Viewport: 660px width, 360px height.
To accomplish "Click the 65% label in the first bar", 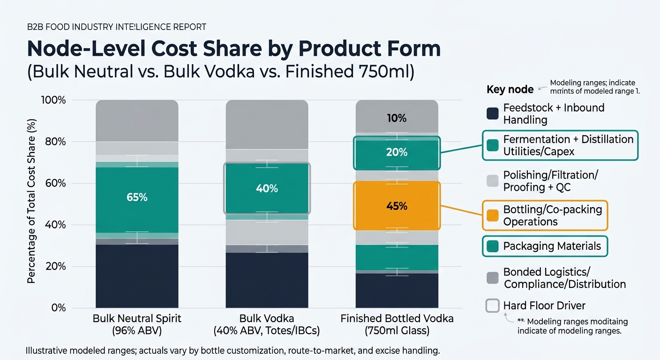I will point(137,197).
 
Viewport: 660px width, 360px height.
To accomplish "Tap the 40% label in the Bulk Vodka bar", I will point(267,188).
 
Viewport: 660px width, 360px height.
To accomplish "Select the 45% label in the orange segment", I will point(397,206).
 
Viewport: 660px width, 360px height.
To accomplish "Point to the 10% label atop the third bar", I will point(397,119).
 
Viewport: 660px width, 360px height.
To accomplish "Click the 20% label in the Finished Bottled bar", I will point(397,152).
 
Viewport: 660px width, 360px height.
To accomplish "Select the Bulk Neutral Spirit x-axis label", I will point(137,324).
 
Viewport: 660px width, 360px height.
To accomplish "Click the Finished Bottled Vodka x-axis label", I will point(397,324).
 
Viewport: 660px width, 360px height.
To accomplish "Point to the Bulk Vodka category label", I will point(267,324).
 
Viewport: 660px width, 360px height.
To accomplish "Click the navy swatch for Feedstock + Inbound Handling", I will point(492,113).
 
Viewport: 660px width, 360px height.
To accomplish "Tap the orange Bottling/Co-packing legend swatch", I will point(492,216).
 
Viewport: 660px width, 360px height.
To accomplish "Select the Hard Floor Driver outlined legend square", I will point(492,306).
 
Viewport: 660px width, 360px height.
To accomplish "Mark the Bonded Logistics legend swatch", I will point(492,278).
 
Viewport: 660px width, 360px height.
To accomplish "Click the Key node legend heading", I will point(510,90).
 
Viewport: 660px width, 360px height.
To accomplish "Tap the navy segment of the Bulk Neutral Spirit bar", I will point(137,277).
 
